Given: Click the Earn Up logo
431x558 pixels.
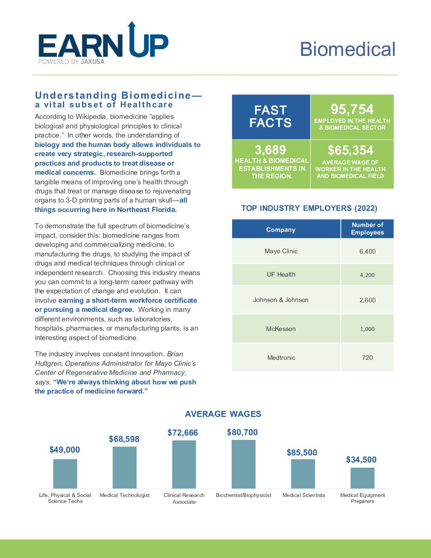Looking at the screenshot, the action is (x=103, y=43).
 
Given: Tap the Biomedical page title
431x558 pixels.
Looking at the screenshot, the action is (x=347, y=49).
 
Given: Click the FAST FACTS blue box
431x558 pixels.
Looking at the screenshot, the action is (x=271, y=117).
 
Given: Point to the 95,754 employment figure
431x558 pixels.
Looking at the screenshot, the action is (x=352, y=109).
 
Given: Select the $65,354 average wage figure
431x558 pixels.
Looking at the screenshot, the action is (x=351, y=150).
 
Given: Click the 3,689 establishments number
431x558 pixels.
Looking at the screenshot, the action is (x=270, y=150).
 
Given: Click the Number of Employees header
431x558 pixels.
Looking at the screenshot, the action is (x=367, y=229).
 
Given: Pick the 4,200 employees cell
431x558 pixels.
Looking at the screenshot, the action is (x=367, y=275).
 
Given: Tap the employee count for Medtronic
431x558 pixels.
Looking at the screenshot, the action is (x=367, y=357).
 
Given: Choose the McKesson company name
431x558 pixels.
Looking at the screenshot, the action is (x=281, y=329).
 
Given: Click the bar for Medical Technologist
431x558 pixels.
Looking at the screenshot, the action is (x=124, y=467).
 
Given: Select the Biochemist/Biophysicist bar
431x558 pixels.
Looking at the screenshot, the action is (x=243, y=464).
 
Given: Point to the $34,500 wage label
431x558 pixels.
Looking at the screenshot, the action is (x=361, y=459).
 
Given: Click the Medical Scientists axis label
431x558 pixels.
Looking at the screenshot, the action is (x=304, y=495).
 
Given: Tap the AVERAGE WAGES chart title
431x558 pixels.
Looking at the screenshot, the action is (x=223, y=414).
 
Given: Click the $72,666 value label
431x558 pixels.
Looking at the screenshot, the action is (x=183, y=433).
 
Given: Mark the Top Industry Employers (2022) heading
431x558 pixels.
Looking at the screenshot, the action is (x=309, y=208).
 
